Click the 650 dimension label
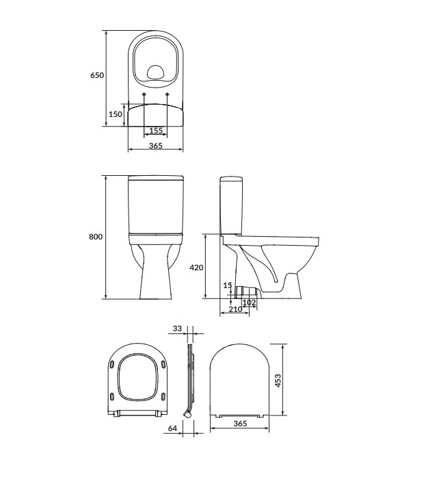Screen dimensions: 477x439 [x=97, y=76]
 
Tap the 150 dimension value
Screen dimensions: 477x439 [x=116, y=114]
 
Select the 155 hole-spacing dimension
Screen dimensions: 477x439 [x=156, y=131]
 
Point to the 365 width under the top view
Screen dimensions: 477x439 [x=156, y=145]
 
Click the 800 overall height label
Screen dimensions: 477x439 [x=96, y=237]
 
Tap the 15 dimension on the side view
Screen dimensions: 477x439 [x=228, y=285]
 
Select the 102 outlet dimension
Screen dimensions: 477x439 [x=249, y=302]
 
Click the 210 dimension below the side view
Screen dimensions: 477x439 [x=235, y=310]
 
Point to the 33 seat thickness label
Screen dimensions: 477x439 [x=177, y=329]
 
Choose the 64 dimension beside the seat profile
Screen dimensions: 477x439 [x=172, y=428]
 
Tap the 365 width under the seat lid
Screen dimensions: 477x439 [x=239, y=424]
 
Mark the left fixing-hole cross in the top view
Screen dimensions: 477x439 [x=143, y=94]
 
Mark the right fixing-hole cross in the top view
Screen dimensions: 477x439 [x=168, y=94]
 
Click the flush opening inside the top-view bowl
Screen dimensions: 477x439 [x=156, y=70]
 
